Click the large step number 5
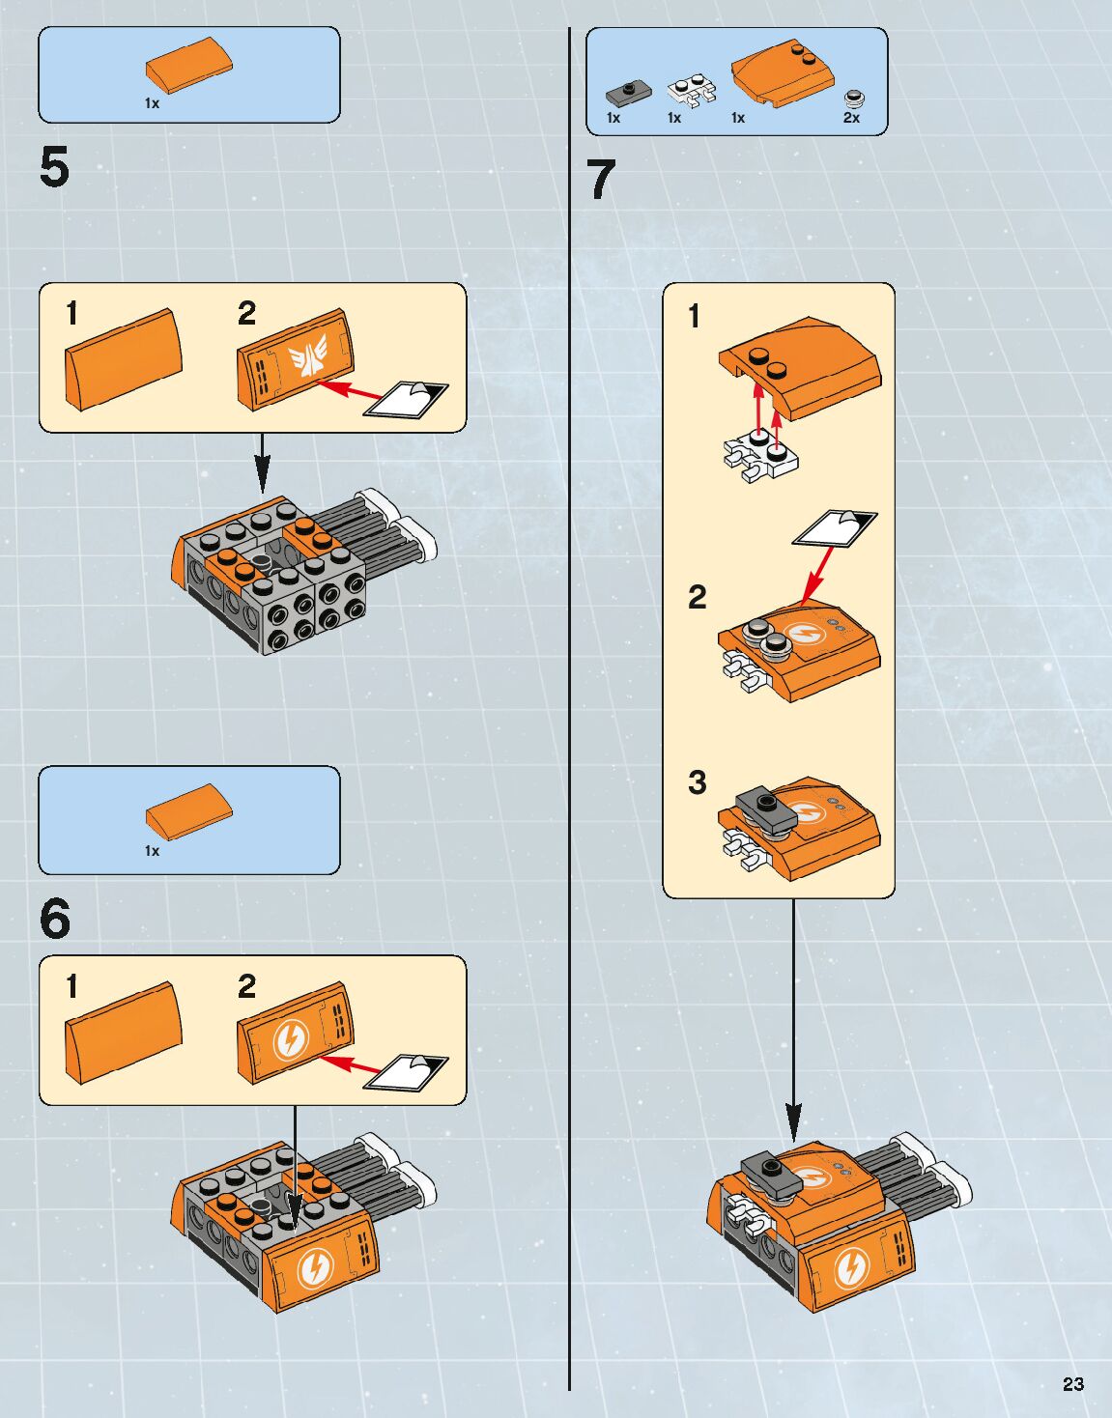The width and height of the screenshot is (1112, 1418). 55,167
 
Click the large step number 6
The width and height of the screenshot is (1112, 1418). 55,919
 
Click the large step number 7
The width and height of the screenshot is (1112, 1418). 601,180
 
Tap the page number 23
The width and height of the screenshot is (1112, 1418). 1072,1383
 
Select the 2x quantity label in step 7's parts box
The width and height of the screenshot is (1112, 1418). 851,118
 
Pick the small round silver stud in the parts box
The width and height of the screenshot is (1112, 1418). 854,98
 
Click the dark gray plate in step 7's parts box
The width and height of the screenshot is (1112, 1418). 628,93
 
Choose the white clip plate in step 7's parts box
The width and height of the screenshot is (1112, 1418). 692,92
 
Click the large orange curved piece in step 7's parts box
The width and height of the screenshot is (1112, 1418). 784,72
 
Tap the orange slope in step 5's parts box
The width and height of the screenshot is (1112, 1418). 189,64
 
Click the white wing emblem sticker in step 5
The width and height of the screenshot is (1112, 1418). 307,358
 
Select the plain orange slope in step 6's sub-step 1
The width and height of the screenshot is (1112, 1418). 123,1032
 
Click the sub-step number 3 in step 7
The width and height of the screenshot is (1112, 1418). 697,782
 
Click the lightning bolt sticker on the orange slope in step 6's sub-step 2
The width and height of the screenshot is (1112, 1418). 289,1039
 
